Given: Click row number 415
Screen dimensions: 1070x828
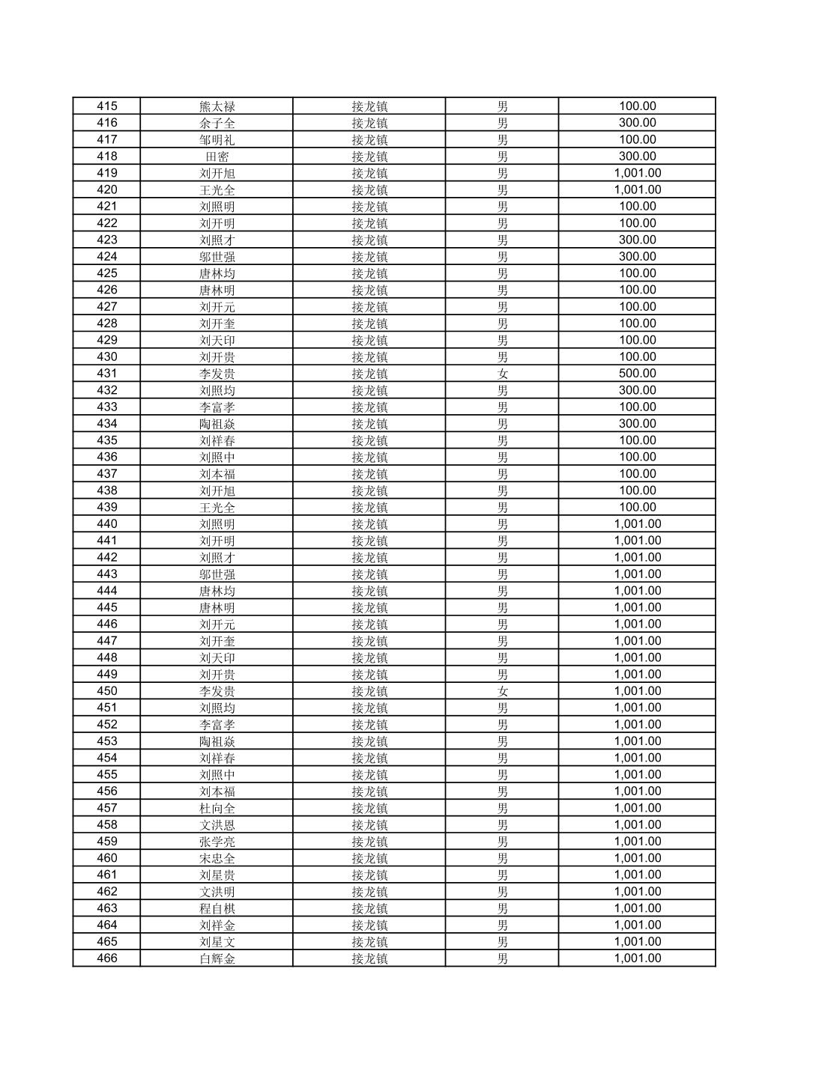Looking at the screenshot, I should pos(107,106).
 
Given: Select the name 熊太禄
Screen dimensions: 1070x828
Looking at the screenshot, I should pos(217,106).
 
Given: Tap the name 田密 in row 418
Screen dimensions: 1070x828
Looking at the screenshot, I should pos(217,156).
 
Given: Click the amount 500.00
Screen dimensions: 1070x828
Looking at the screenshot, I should pos(638,374).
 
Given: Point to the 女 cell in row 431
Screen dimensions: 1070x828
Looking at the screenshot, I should pos(502,374).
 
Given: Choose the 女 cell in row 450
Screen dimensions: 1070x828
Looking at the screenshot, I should pos(502,691).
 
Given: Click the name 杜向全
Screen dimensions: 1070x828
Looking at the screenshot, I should pos(217,808).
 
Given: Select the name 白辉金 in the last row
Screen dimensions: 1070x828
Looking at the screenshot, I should pos(217,958).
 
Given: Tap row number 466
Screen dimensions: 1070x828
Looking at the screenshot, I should pos(107,958).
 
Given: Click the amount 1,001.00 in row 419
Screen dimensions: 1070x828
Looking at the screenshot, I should pos(638,173).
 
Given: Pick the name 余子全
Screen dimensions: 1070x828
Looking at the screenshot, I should pos(217,123).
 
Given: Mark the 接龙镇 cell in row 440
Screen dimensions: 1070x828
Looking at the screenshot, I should pos(369,524).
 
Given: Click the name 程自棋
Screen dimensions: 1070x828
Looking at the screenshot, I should pos(217,908).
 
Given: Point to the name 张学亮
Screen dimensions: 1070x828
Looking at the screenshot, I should pos(217,842).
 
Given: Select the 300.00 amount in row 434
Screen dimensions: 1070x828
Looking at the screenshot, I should pos(638,424).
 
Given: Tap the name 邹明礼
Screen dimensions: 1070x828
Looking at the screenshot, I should pos(217,140).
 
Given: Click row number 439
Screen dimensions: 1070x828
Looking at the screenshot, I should pos(107,508).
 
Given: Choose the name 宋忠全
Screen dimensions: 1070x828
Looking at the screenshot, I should pos(217,858).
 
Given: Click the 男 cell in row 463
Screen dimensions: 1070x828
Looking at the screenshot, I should pos(502,908).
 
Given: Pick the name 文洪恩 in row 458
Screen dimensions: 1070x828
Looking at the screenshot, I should pos(217,824).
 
